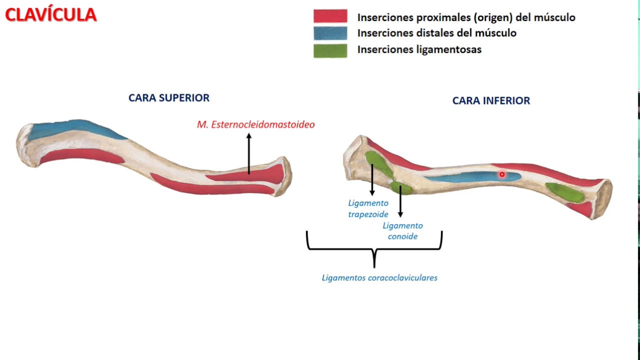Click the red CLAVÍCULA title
[x=50, y=15]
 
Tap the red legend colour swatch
[x=330, y=16]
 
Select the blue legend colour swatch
[x=330, y=33]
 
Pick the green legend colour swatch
[x=330, y=50]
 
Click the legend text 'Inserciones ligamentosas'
[x=419, y=49]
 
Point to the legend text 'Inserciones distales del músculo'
[x=436, y=33]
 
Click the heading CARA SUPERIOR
[x=169, y=98]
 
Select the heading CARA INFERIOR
[x=491, y=101]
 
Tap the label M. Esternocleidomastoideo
[x=255, y=124]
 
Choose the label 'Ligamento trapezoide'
[x=368, y=208]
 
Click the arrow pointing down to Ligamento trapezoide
[x=372, y=180]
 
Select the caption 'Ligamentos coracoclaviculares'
[x=379, y=277]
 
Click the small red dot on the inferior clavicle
[x=502, y=174]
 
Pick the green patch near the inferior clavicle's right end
[x=564, y=192]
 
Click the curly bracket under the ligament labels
[x=374, y=248]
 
